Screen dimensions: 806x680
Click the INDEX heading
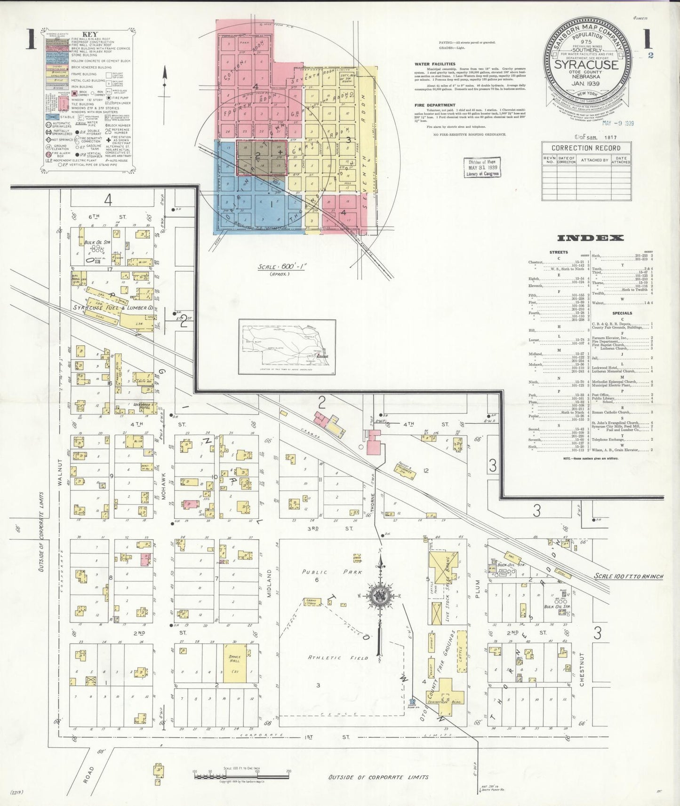[x=590, y=238]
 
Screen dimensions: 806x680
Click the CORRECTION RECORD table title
[x=586, y=148]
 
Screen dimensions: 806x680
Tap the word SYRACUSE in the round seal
[x=586, y=64]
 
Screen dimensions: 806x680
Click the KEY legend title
[x=90, y=34]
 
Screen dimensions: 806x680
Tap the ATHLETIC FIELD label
[x=338, y=658]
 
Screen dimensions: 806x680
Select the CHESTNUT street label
[x=582, y=670]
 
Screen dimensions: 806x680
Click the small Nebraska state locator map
[x=287, y=346]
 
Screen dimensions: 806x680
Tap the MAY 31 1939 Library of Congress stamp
[x=482, y=167]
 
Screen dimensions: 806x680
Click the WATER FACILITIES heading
[x=434, y=64]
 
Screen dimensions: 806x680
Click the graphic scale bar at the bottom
[x=241, y=775]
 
